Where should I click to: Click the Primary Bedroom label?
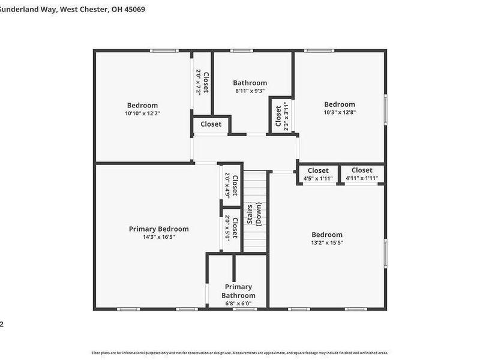[158, 229]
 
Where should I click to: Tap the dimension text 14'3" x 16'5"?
[158, 237]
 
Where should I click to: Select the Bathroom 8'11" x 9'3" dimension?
[250, 91]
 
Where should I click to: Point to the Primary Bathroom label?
[238, 291]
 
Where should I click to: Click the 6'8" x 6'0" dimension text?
[238, 304]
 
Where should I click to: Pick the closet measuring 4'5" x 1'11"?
[318, 174]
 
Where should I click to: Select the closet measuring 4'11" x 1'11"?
[362, 174]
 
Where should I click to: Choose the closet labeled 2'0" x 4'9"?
[231, 185]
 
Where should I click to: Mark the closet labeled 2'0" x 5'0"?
[231, 227]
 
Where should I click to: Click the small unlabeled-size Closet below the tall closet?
[211, 124]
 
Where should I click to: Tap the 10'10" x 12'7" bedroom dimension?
[142, 113]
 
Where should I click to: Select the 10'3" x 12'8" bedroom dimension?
[340, 112]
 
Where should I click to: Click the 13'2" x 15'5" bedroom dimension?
[327, 243]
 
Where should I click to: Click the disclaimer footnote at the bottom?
[240, 353]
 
